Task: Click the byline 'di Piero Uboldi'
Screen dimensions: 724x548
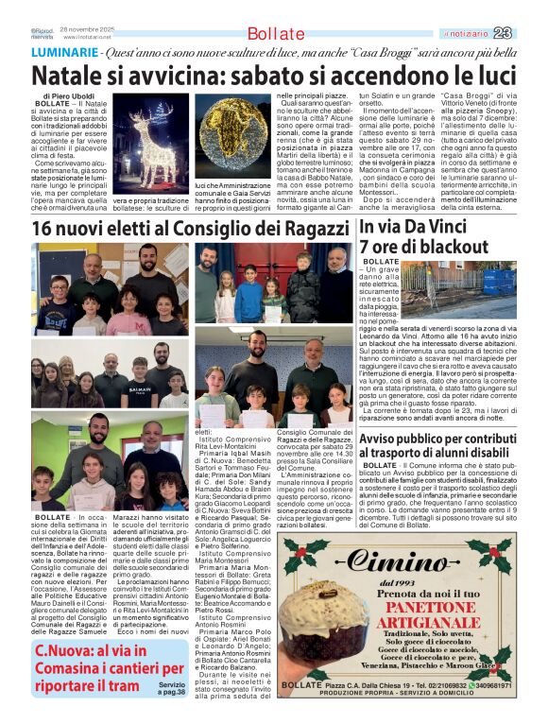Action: (x=67, y=96)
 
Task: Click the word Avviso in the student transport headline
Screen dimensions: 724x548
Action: (x=384, y=438)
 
